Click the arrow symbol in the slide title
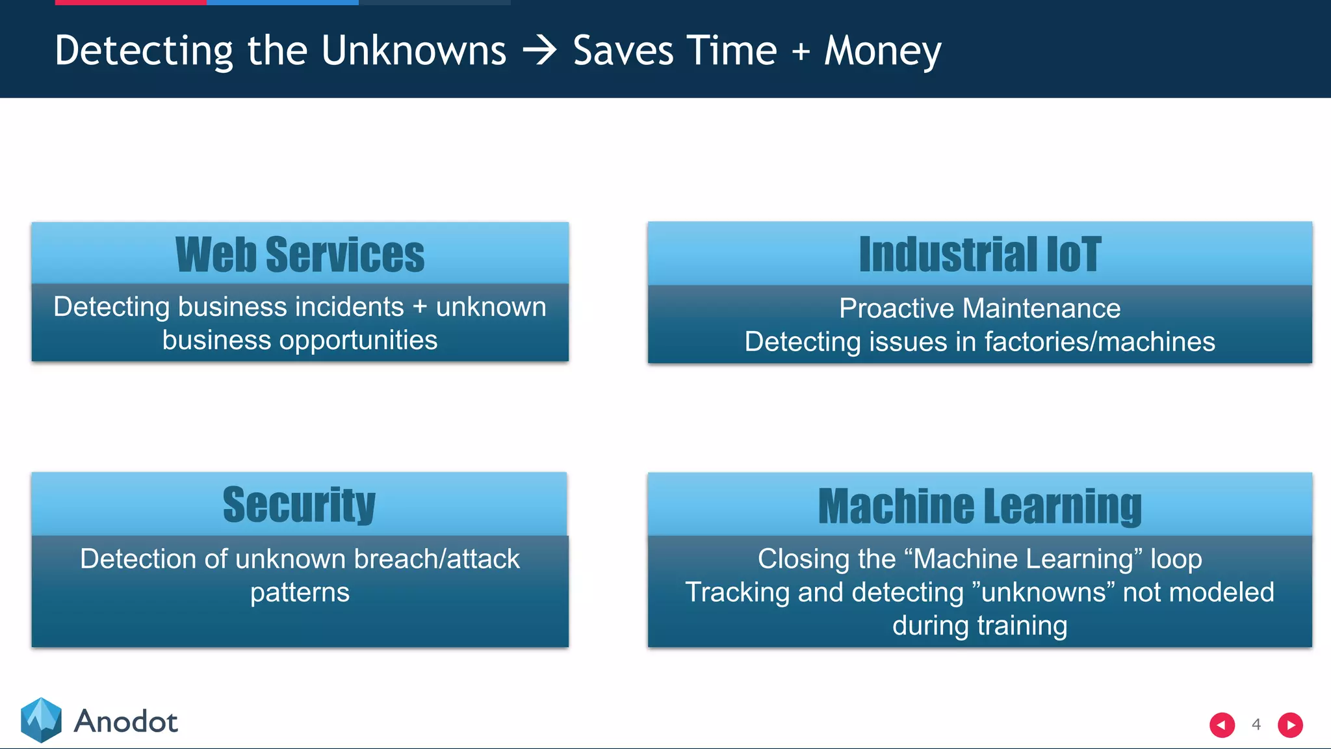point(539,51)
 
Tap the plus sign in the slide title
point(801,51)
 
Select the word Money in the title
point(883,51)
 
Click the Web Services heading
point(300,254)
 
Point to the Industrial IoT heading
point(979,254)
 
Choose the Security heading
point(299,505)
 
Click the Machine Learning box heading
point(979,506)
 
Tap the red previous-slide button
point(1222,725)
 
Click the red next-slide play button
point(1290,725)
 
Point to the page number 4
point(1256,724)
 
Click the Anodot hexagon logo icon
point(41,720)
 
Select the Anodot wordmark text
point(125,722)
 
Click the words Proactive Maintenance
point(979,308)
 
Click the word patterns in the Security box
point(300,593)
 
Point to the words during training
point(979,625)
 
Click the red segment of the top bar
point(131,3)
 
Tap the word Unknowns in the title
point(413,51)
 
